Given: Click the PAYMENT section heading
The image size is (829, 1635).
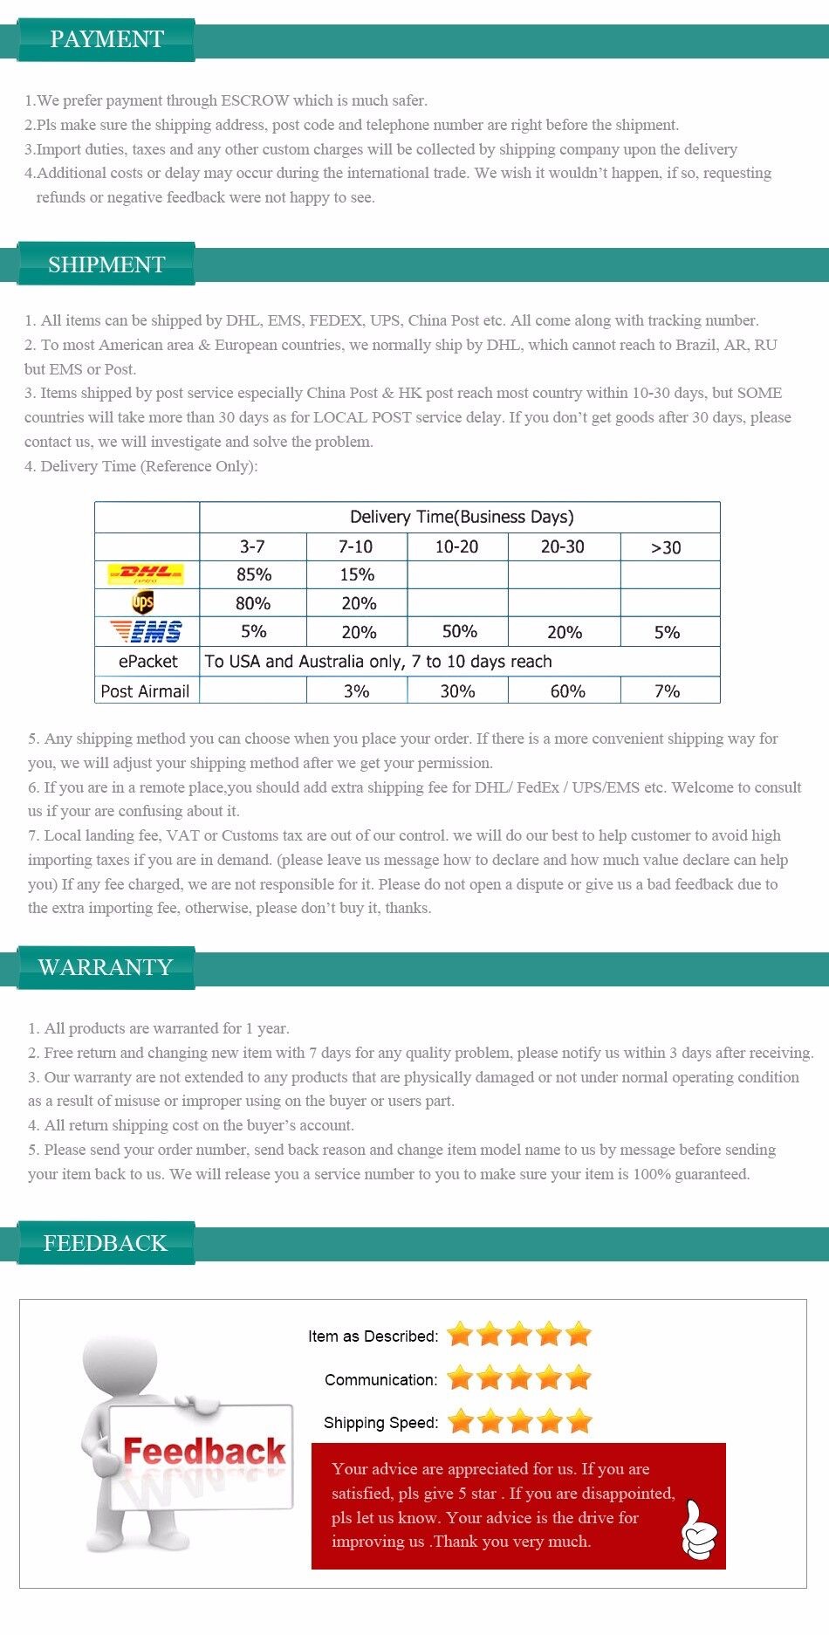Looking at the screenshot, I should (106, 39).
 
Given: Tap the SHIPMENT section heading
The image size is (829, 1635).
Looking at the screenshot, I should (106, 264).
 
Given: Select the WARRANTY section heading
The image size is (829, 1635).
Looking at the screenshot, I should (106, 967).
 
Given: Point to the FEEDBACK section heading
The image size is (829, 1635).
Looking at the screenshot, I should (105, 1243).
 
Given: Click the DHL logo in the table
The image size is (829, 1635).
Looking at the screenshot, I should (146, 574).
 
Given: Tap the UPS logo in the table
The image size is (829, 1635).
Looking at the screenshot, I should (143, 602).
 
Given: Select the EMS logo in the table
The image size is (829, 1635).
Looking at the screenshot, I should (146, 631).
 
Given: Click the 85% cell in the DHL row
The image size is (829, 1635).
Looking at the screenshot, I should (254, 574).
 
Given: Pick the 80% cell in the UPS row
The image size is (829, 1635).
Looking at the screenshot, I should (253, 603).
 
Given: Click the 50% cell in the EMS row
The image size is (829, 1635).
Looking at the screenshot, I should (459, 632).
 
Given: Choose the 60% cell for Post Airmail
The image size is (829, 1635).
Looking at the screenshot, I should (567, 691).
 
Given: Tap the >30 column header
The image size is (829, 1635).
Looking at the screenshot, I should (666, 547).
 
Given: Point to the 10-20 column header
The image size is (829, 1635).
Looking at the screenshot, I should (456, 546).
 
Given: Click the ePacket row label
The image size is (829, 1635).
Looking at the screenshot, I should (147, 662).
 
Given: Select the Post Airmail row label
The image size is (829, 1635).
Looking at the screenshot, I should (145, 691).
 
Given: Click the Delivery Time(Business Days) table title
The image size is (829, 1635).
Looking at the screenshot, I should (462, 517).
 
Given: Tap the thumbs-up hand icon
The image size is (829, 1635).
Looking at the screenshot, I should (699, 1530).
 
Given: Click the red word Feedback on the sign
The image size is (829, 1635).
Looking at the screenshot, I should (204, 1452).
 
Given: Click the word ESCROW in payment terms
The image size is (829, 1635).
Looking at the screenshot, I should (255, 100).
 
